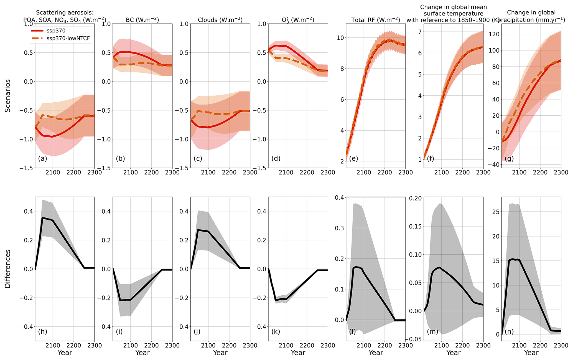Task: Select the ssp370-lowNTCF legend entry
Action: click(x=68, y=39)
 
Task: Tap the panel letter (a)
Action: click(x=42, y=159)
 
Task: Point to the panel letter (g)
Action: click(x=509, y=159)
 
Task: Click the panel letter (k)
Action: click(x=276, y=332)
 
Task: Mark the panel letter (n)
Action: click(x=509, y=332)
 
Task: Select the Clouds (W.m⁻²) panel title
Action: click(x=220, y=20)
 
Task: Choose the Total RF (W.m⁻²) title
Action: click(x=376, y=20)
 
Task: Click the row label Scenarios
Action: click(x=8, y=96)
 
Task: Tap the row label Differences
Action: click(x=8, y=269)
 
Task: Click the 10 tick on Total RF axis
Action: click(x=340, y=38)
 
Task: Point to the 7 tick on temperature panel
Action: click(x=419, y=32)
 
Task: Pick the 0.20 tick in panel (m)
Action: click(x=415, y=198)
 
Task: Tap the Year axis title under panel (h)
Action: click(x=65, y=353)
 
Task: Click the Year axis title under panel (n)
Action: click(x=531, y=353)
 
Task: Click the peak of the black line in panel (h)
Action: click(x=43, y=218)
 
